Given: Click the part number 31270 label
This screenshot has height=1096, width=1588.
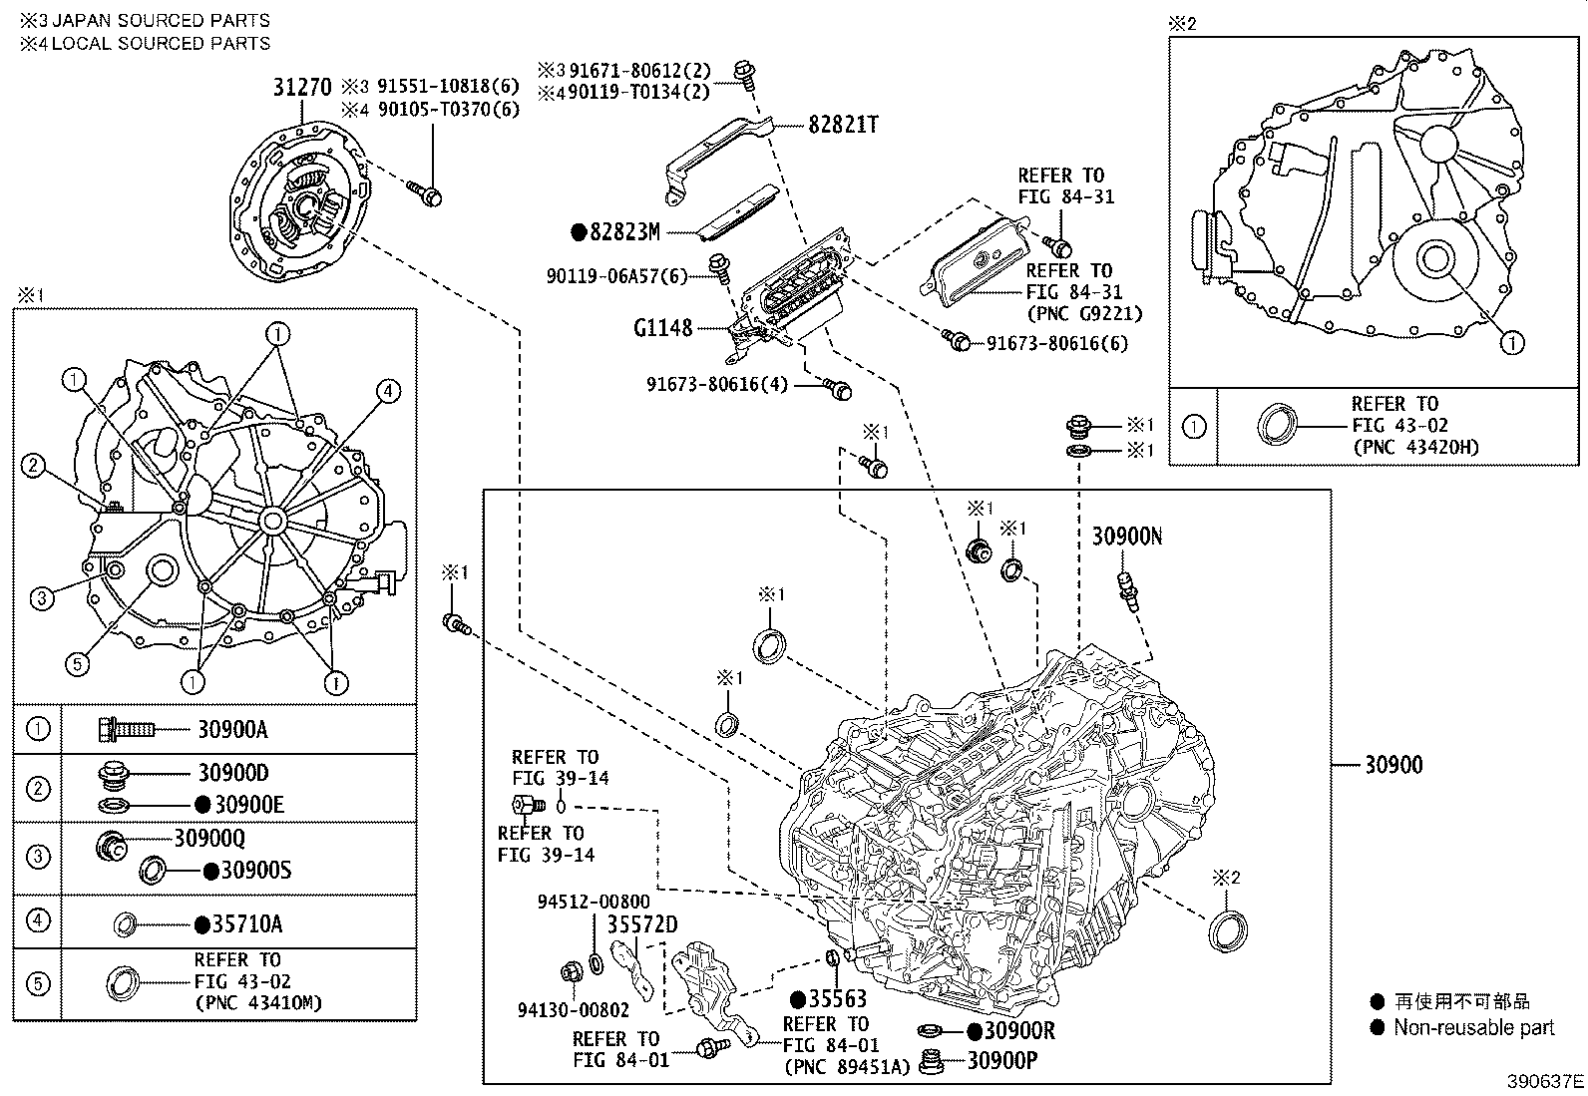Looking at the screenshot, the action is click(x=302, y=87).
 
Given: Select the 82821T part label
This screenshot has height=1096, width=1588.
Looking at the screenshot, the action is click(x=843, y=125).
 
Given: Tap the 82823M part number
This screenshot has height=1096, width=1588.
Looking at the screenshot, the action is click(x=624, y=231).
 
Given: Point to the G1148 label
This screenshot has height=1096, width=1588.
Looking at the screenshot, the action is click(x=663, y=327).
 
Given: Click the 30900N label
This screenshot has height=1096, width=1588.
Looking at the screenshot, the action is click(x=1127, y=536).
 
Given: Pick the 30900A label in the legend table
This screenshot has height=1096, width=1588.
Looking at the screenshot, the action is click(x=232, y=729).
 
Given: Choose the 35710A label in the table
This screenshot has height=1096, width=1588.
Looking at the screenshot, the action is click(x=247, y=923).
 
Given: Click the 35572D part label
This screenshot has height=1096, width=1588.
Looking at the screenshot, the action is click(x=642, y=924).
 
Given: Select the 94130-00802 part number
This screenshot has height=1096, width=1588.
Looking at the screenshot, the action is click(x=574, y=1009).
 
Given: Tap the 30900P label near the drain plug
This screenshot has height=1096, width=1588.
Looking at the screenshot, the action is click(x=1002, y=1060).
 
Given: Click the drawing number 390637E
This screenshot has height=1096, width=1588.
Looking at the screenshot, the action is click(x=1545, y=1081).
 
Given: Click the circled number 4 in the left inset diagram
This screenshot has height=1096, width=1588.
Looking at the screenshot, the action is click(x=388, y=391).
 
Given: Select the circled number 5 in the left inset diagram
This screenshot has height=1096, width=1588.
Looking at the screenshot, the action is click(x=77, y=664).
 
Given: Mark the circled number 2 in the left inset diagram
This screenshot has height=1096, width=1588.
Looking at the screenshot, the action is click(x=33, y=466).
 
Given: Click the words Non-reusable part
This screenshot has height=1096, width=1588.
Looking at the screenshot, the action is click(x=1474, y=1027).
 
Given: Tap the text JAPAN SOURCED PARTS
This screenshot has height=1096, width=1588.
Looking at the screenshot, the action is click(x=162, y=20).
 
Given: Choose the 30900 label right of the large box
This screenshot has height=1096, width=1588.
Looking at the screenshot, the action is click(x=1393, y=765).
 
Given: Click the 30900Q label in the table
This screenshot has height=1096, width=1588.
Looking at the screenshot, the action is click(x=209, y=838).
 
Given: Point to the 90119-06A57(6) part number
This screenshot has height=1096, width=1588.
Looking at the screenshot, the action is click(x=617, y=276).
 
